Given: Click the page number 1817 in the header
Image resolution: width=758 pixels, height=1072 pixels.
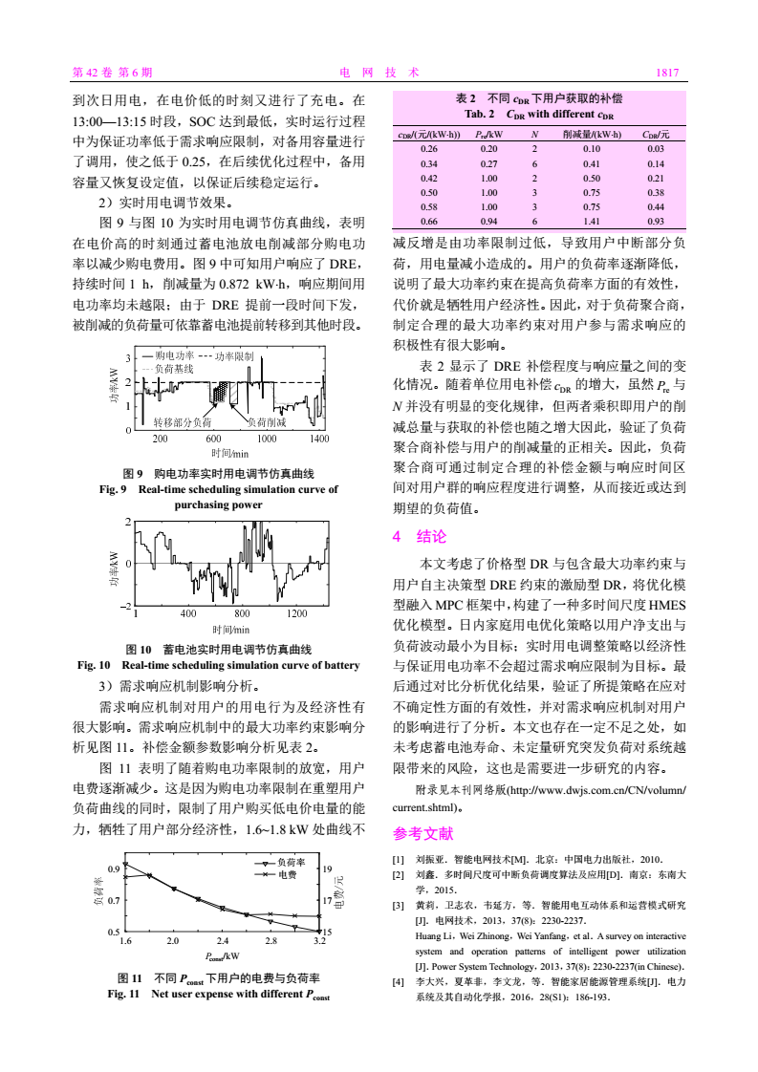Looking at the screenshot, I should click(x=666, y=73).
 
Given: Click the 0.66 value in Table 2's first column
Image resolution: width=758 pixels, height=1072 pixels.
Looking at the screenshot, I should click(x=428, y=219).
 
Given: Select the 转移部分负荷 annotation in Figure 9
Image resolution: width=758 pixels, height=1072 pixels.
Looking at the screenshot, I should click(x=183, y=420).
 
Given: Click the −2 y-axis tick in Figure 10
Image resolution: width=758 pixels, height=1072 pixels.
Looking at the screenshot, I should click(x=123, y=606).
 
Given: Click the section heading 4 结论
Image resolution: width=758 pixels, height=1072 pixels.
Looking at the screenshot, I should click(x=421, y=536).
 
